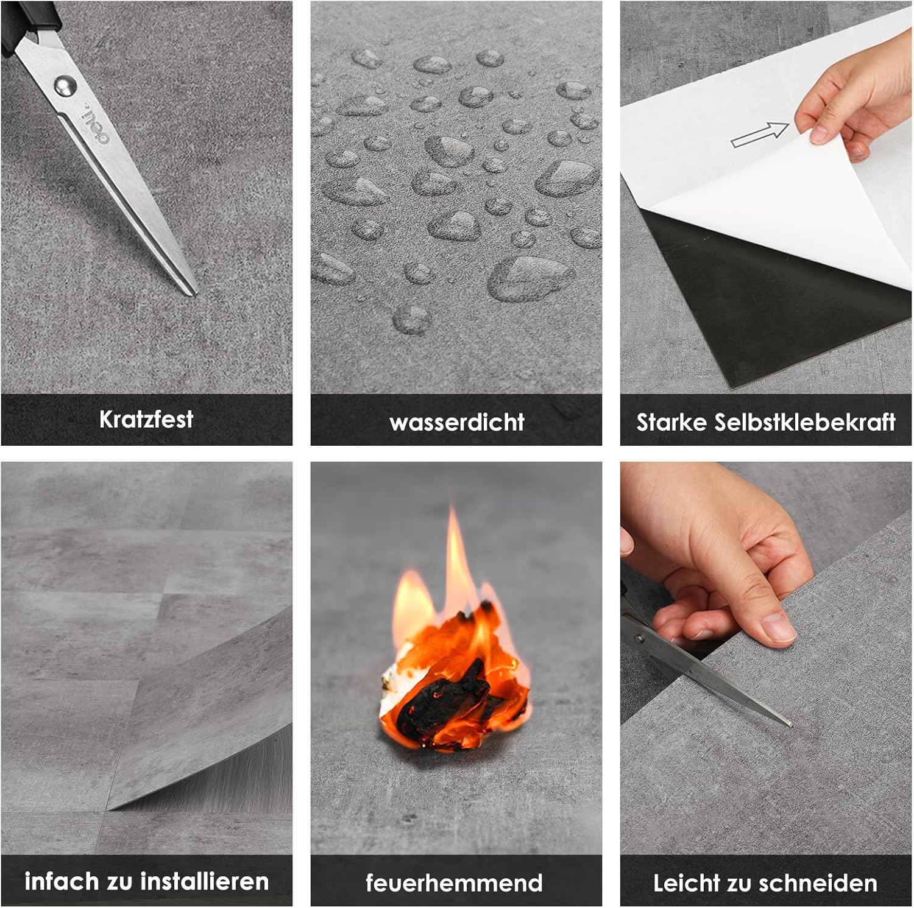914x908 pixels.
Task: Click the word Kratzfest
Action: point(146,419)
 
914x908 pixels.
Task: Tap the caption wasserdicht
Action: point(456,422)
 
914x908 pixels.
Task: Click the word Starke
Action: point(671,422)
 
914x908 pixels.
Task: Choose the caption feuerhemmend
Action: point(454,882)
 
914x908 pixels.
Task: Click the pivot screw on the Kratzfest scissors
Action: point(64,85)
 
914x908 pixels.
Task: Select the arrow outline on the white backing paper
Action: point(760,135)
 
